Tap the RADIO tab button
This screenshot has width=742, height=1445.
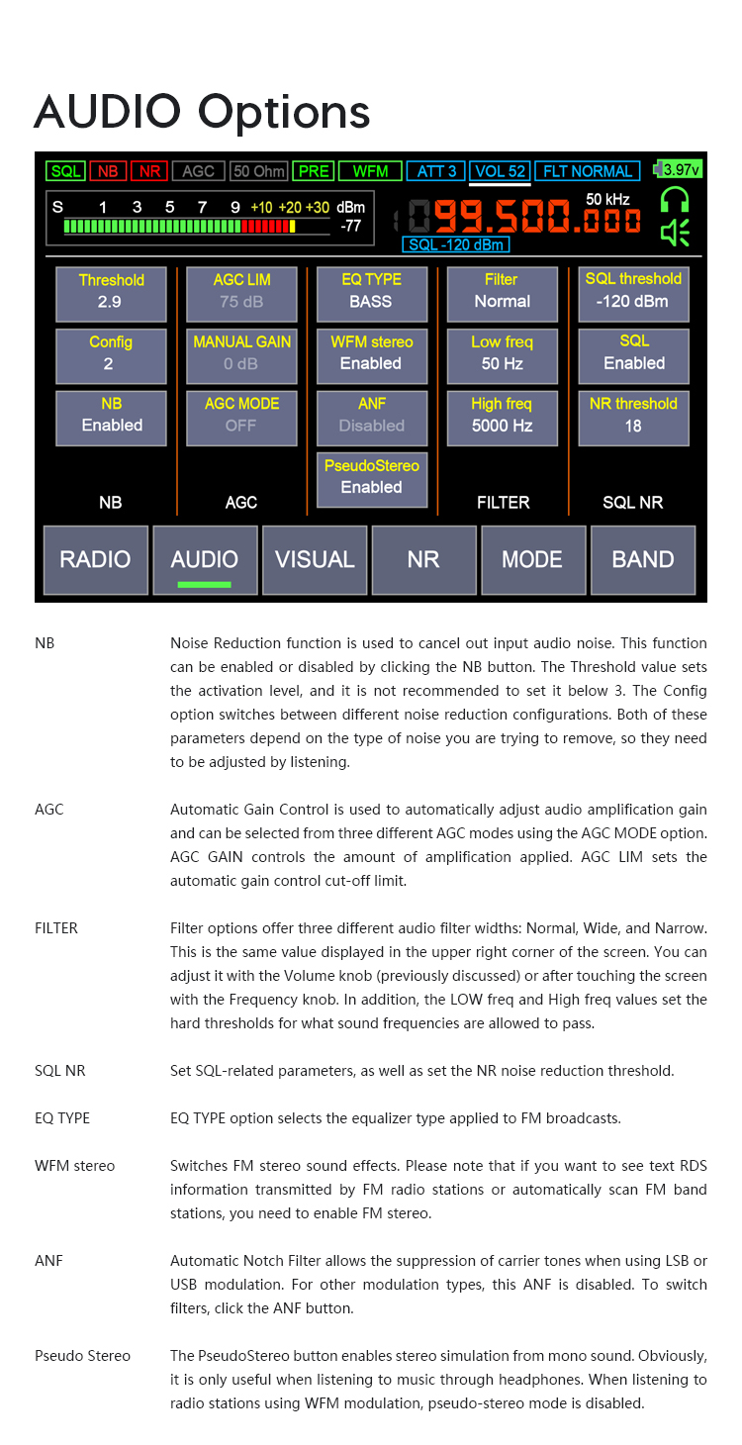click(x=95, y=559)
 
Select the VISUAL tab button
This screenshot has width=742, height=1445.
click(x=315, y=559)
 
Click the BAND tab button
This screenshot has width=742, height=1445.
click(x=643, y=559)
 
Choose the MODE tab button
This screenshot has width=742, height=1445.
click(x=532, y=559)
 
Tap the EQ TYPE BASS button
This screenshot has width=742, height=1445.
click(x=371, y=291)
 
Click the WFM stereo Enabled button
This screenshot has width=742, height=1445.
click(x=371, y=353)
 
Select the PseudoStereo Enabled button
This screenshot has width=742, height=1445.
click(x=371, y=477)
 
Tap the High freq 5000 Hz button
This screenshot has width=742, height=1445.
click(x=503, y=416)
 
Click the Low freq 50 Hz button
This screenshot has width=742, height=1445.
click(x=503, y=353)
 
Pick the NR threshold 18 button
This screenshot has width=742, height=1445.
click(x=633, y=416)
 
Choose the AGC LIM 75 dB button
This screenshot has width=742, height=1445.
click(x=241, y=291)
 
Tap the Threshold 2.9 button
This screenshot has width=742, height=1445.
click(x=111, y=291)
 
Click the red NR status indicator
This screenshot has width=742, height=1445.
click(x=149, y=171)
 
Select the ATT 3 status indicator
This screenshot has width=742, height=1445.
click(x=436, y=171)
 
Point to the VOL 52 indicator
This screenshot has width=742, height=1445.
click(x=500, y=171)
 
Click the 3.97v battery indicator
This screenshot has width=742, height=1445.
click(x=680, y=169)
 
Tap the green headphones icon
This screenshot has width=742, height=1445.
click(x=676, y=199)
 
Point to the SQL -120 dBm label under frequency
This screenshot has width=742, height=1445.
click(x=456, y=244)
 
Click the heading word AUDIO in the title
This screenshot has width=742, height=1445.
click(x=110, y=111)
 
